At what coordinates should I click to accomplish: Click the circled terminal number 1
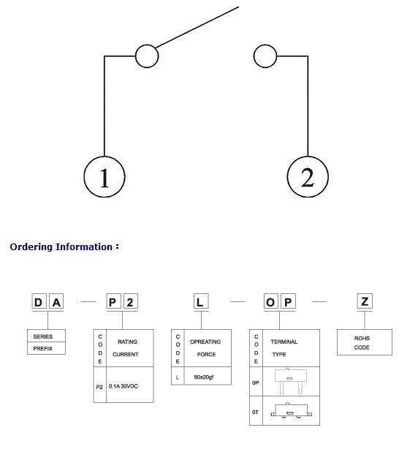(104, 177)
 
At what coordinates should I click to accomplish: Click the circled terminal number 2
(308, 177)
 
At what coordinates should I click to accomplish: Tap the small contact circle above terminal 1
(147, 56)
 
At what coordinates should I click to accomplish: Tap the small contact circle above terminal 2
(265, 56)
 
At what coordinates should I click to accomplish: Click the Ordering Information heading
(64, 246)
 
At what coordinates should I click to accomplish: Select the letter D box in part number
(39, 302)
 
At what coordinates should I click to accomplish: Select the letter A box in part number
(56, 302)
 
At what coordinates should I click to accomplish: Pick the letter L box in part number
(201, 302)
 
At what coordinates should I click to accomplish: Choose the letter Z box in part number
(365, 302)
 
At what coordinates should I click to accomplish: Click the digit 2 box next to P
(131, 302)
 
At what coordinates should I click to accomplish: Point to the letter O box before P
(271, 302)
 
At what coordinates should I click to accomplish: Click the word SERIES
(43, 336)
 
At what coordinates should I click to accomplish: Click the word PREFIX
(43, 349)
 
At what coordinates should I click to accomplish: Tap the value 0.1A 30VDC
(123, 386)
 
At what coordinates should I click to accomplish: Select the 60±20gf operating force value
(204, 377)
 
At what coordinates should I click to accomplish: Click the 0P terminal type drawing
(291, 381)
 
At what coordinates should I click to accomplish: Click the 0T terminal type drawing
(292, 411)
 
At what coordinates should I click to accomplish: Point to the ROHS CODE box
(365, 342)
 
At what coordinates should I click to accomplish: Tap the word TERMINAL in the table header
(284, 342)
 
